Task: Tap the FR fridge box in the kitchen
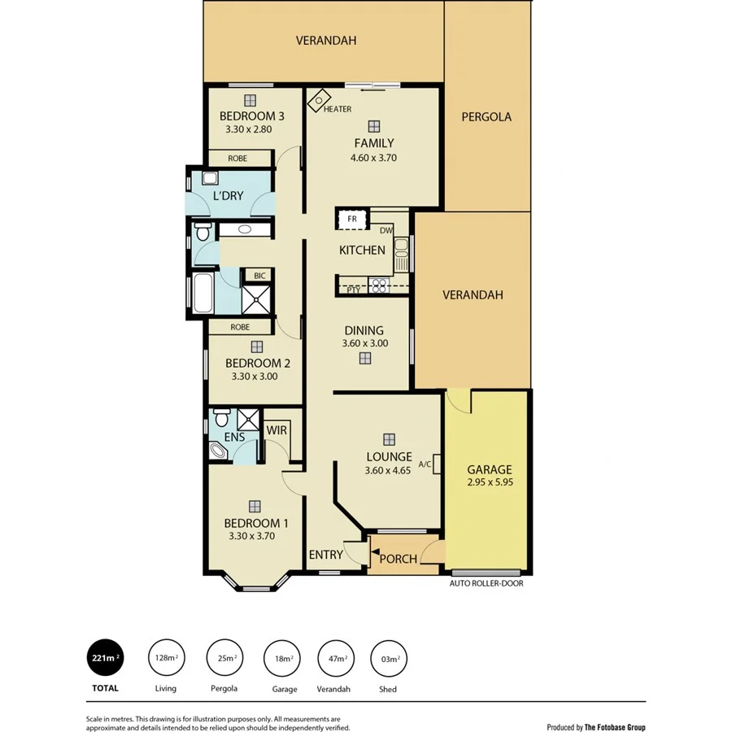click(351, 220)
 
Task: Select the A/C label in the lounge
click(425, 464)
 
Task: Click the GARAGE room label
click(489, 469)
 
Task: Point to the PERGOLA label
click(486, 116)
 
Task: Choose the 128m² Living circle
click(165, 657)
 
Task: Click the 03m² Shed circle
click(388, 657)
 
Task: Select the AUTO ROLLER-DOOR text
click(486, 583)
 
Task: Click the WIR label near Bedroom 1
click(276, 429)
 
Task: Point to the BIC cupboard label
click(259, 276)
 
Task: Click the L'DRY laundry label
click(228, 197)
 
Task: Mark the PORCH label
click(399, 559)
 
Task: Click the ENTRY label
click(325, 555)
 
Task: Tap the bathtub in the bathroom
click(203, 294)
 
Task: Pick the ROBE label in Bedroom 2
click(239, 327)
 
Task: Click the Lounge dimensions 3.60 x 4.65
click(388, 469)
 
